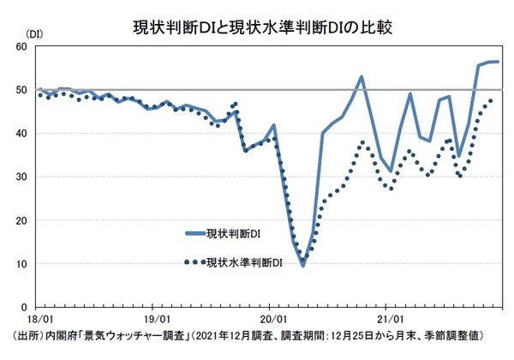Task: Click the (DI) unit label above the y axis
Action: [35, 34]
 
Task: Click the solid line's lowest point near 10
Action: [302, 266]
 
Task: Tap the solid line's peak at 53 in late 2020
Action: [362, 76]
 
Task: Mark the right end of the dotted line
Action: [491, 99]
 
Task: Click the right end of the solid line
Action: [499, 62]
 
